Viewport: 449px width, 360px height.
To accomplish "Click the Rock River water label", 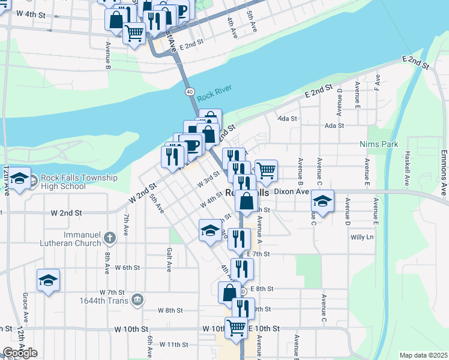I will (214, 89).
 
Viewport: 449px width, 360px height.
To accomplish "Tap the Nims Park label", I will (379, 145).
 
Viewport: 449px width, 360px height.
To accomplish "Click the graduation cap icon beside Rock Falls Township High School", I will (20, 178).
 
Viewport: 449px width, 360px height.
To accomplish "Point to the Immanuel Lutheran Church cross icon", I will (109, 238).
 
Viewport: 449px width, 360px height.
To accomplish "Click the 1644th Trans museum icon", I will (137, 299).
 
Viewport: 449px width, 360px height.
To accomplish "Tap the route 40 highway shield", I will (189, 91).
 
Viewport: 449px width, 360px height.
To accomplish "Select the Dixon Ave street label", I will (291, 192).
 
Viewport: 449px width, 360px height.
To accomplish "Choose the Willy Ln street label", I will (362, 237).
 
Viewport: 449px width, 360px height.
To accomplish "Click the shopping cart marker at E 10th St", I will (236, 328).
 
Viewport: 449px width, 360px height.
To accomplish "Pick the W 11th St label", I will (174, 345).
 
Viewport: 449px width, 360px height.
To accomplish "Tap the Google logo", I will (20, 353).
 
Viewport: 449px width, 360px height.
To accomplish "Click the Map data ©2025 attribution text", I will (424, 355).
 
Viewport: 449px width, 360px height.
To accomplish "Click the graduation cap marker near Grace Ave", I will (49, 280).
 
